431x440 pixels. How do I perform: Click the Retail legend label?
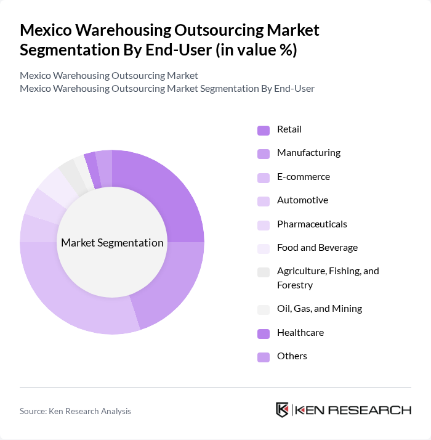pos(289,129)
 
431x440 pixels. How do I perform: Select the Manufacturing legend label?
pos(308,153)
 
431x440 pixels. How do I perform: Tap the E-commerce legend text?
pos(303,177)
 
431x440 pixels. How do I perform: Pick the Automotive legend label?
pos(302,200)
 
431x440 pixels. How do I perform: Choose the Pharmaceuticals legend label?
pos(312,224)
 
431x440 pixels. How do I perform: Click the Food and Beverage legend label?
pos(317,248)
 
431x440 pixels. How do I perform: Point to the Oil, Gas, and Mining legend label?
pos(319,309)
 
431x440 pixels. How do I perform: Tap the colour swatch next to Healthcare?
pos(264,333)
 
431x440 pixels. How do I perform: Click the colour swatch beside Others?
pos(264,357)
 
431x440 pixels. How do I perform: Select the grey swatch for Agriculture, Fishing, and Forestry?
pos(264,272)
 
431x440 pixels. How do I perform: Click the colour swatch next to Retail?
pos(264,130)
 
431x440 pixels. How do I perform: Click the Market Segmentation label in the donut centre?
pos(112,243)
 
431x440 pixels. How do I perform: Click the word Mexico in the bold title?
pos(47,30)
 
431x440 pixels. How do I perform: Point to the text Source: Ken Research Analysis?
pos(75,411)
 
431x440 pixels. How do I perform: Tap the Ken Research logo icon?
pos(283,410)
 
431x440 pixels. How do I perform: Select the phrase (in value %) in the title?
pos(255,51)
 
